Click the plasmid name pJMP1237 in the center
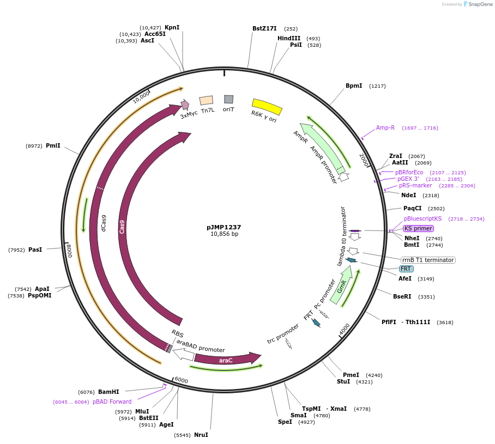[x=224, y=227]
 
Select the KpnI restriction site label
[x=172, y=27]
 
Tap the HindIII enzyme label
[x=289, y=38]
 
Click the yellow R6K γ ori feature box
[x=267, y=106]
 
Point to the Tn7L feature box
[x=206, y=101]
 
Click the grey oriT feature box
[x=229, y=99]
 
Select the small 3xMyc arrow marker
[x=185, y=105]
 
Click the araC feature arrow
[x=227, y=359]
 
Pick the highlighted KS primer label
[x=418, y=228]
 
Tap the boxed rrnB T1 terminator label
[x=428, y=260]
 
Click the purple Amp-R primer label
[x=385, y=128]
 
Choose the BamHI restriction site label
[x=108, y=392]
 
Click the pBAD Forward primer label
[x=112, y=402]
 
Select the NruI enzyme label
[x=201, y=435]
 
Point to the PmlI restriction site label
[x=53, y=145]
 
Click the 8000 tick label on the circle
[x=69, y=252]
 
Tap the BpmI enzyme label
[x=354, y=86]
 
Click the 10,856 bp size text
[x=224, y=234]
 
